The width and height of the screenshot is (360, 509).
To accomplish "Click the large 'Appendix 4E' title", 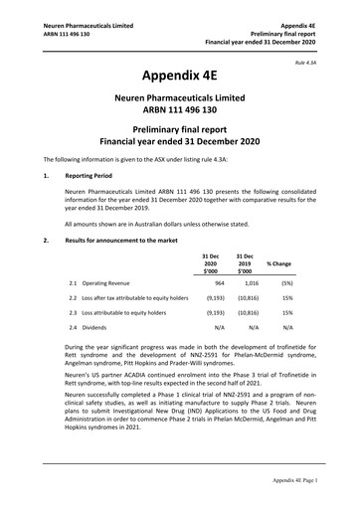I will coord(179,74).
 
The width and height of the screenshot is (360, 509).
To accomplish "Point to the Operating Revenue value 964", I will coord(218,283).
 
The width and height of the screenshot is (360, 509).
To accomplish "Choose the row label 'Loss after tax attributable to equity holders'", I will coord(135,298).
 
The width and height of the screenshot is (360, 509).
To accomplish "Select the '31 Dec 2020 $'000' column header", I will coord(211,263).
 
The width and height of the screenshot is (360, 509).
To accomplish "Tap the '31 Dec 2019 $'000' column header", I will coord(245,263).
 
